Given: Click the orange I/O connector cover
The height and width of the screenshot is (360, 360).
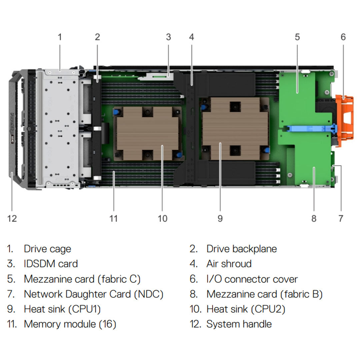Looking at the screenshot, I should [x=345, y=120].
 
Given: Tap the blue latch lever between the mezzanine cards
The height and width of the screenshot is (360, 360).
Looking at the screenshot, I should [x=310, y=129].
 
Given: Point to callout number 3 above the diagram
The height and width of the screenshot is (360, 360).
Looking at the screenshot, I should [x=168, y=37].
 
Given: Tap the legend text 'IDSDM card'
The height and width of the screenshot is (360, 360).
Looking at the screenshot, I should [x=51, y=264].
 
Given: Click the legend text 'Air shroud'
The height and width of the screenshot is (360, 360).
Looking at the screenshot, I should [x=229, y=264].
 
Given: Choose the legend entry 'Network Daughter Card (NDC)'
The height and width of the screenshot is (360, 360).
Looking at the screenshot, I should [x=93, y=294].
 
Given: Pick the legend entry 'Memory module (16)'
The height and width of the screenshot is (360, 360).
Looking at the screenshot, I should [x=70, y=324].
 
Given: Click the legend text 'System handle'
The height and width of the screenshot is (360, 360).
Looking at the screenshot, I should [x=239, y=324].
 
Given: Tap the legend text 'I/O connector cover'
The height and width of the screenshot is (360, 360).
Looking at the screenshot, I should [x=252, y=279].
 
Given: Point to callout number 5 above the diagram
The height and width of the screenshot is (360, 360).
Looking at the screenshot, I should [x=297, y=37].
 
